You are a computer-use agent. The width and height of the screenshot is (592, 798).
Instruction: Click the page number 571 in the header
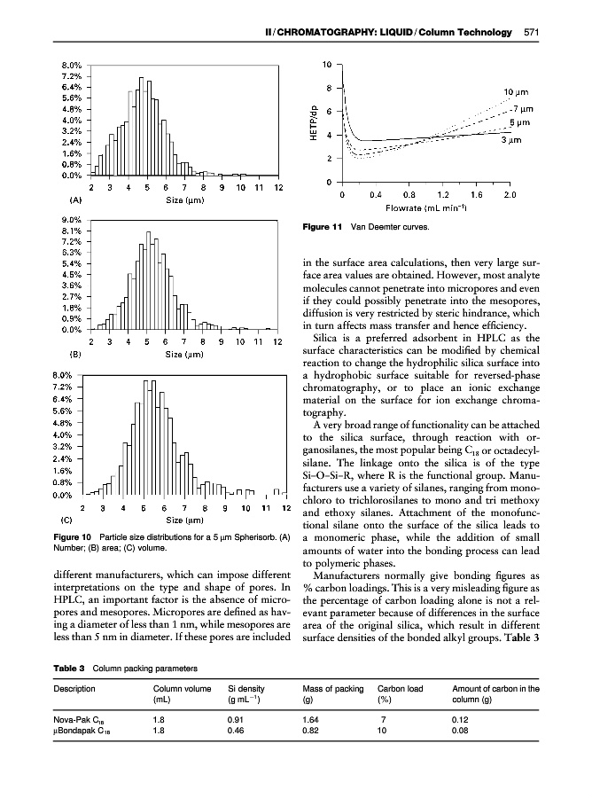[532, 33]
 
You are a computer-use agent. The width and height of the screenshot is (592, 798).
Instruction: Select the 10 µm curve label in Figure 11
[517, 92]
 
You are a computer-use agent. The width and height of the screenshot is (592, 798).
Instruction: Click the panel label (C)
[66, 520]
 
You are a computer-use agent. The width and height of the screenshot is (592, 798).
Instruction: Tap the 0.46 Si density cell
[237, 731]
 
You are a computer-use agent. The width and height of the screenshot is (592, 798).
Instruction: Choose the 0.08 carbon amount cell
[461, 731]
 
